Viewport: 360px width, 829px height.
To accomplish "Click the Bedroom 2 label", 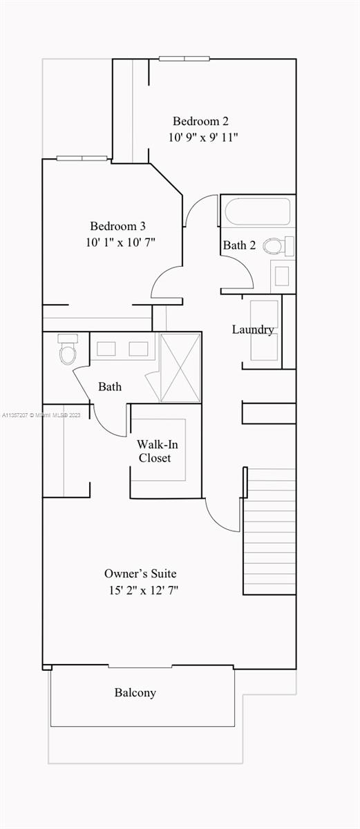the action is tap(200, 121).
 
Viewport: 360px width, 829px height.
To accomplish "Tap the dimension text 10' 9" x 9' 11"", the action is tap(203, 137).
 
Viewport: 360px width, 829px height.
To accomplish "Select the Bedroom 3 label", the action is tap(117, 226).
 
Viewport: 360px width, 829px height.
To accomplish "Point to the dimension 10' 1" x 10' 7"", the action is tap(121, 242).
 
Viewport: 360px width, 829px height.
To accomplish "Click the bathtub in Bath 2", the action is tap(258, 211).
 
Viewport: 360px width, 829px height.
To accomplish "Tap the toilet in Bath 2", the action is tap(278, 245).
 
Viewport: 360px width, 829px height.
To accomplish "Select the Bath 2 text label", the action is tap(239, 245).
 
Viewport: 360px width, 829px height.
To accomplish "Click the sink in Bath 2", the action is tap(283, 276).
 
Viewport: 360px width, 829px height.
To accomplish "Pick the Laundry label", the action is tap(253, 330).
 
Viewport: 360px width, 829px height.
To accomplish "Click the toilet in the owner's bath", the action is tap(68, 349).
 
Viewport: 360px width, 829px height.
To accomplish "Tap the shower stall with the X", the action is tap(180, 367).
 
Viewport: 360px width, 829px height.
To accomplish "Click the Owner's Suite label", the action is tap(140, 573).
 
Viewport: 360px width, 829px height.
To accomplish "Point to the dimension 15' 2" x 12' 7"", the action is tap(144, 590).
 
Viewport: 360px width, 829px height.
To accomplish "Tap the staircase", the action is tap(269, 531).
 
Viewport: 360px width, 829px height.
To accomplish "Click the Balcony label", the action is tap(135, 692).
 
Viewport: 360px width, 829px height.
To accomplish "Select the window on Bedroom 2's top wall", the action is tap(184, 59).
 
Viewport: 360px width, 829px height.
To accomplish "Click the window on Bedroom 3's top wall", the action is tap(82, 158).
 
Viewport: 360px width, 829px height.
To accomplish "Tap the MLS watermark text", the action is tap(41, 415).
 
